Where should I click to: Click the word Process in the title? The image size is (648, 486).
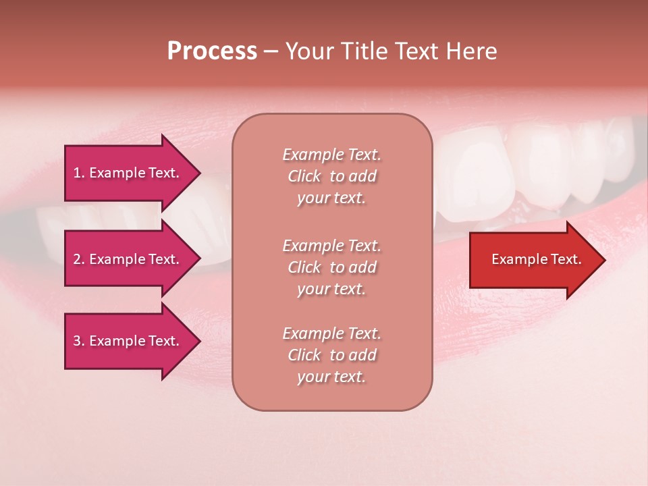point(212,51)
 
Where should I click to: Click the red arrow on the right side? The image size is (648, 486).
point(533,259)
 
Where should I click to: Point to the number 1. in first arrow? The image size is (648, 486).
point(79,173)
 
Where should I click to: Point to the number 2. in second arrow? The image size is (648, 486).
point(79,259)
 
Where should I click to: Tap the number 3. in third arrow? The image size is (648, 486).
point(79,341)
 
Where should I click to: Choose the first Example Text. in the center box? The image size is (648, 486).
point(331,155)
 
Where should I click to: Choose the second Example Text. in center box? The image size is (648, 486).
point(331,246)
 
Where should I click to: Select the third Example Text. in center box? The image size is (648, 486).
point(331,333)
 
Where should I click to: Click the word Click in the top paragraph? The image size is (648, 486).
point(304,176)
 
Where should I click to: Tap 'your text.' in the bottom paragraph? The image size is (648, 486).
point(331,377)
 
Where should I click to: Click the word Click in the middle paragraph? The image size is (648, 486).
point(304,267)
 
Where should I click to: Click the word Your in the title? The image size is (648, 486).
point(308,51)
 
